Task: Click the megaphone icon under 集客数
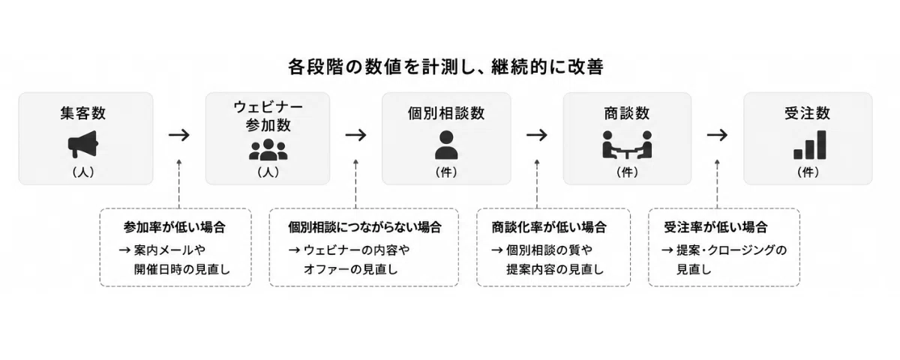83,144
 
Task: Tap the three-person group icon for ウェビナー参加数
268,150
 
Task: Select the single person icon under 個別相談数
446,145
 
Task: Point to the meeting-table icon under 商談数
627,145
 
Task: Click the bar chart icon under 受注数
810,145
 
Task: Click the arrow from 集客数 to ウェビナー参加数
179,135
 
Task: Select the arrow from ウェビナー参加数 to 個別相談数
356,135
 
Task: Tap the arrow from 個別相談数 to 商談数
537,135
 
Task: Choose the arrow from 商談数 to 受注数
718,135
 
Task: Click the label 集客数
83,113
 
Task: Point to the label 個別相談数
446,113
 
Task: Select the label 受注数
808,113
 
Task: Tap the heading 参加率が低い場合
175,227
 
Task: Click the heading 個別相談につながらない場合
364,227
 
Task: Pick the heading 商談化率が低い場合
549,227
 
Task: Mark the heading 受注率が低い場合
716,227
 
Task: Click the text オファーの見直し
351,269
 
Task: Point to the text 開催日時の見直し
182,269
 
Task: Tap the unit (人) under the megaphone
83,172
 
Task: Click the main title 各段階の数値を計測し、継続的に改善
446,67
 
